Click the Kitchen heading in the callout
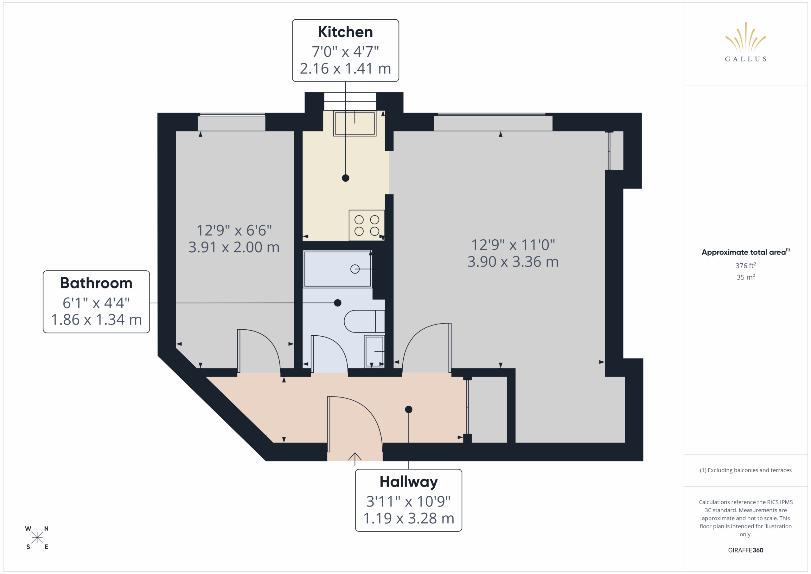pos(345,32)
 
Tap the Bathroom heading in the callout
pos(96,283)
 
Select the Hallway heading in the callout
pos(408,482)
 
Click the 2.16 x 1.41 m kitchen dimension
pos(345,68)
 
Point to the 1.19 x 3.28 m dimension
pos(408,518)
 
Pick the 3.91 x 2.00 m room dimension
pos(234,247)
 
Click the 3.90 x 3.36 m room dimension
pos(513,261)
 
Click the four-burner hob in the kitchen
pos(367,225)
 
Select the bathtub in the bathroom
pos(337,269)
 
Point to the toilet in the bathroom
pos(364,321)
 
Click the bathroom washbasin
pos(374,352)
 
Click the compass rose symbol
pos(37,538)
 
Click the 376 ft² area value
pos(745,265)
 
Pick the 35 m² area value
pos(745,277)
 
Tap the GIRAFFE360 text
pos(745,550)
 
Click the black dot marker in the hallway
pos(408,409)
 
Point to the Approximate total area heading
pos(745,252)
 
